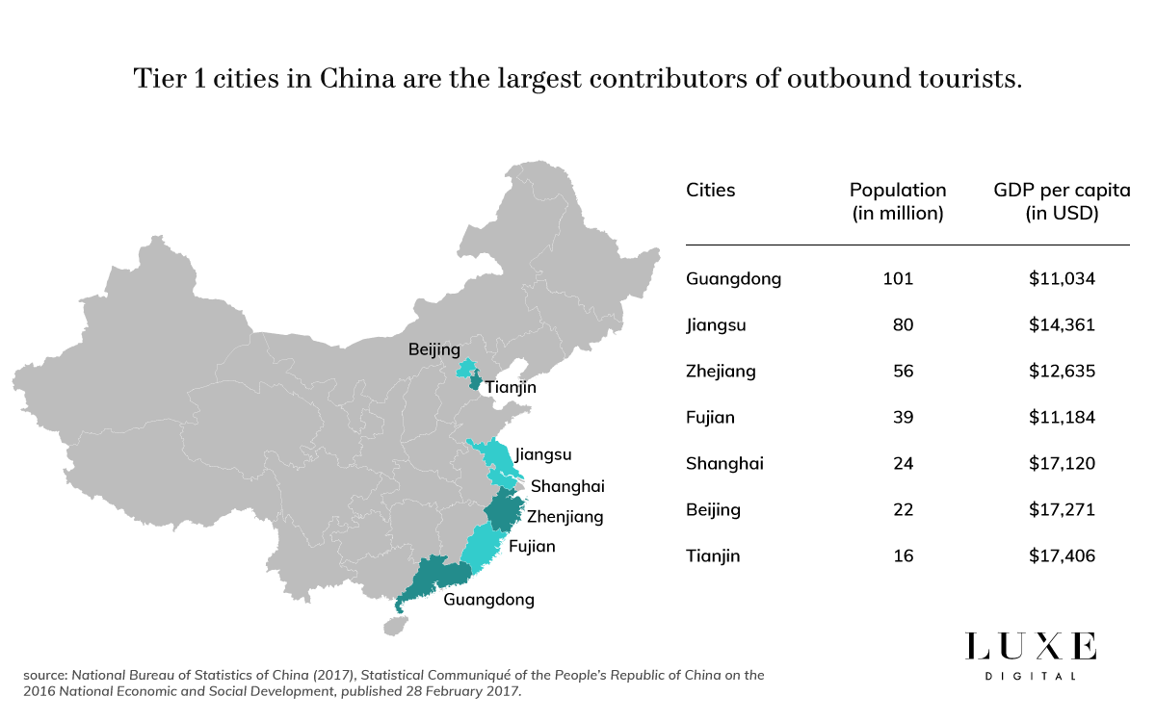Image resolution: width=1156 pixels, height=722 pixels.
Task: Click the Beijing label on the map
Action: click(x=434, y=349)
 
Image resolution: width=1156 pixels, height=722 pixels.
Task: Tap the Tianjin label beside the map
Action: click(x=511, y=387)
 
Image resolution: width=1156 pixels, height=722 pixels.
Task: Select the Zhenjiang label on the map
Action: click(x=565, y=517)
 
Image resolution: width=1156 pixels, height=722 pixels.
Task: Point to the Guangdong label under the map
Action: click(x=488, y=600)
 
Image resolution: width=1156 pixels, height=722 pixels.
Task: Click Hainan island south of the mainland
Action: click(x=394, y=626)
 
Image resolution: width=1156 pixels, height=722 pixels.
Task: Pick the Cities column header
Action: click(x=710, y=190)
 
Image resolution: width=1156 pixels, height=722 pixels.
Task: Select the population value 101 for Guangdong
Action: click(x=898, y=279)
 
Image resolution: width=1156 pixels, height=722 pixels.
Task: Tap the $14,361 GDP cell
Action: click(x=1063, y=325)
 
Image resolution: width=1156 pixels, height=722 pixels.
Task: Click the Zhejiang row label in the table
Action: click(x=721, y=372)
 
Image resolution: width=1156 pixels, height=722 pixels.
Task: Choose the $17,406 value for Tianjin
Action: click(x=1063, y=556)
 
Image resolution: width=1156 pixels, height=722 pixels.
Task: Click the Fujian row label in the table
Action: click(x=710, y=418)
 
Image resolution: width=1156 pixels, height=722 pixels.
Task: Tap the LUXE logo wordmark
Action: click(x=1031, y=646)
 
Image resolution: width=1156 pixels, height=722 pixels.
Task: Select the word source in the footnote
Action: click(x=41, y=676)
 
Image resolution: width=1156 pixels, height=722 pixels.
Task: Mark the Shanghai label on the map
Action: click(x=567, y=486)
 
